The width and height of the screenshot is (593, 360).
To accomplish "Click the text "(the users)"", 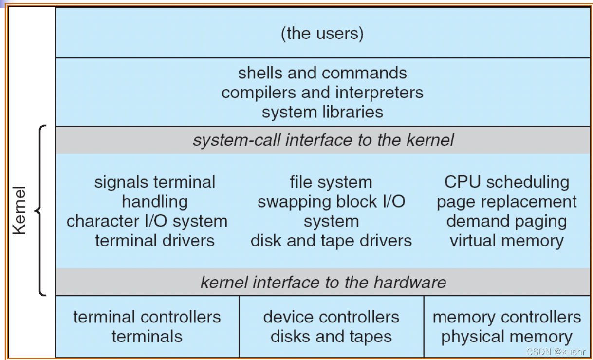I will [x=322, y=34].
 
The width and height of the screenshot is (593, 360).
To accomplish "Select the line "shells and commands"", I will [x=322, y=73].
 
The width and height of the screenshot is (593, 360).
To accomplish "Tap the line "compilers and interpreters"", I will [x=322, y=93].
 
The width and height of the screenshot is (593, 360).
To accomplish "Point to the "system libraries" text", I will [x=322, y=112].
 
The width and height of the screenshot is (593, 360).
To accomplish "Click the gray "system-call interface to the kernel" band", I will [x=322, y=140].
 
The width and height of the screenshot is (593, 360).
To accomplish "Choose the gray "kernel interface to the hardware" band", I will [x=322, y=283].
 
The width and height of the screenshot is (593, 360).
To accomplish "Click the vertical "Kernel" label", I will [x=19, y=210].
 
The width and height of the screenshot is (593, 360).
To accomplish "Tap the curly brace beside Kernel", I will [x=40, y=210].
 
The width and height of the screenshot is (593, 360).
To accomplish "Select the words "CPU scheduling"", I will [x=506, y=182].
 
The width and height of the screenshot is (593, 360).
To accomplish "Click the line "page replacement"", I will [x=506, y=202].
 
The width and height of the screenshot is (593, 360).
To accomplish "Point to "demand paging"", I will [x=506, y=221].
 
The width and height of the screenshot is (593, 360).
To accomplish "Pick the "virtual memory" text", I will [x=506, y=241].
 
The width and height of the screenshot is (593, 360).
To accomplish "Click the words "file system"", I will [x=331, y=182].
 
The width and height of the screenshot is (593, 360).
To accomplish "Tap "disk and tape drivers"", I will [x=331, y=241].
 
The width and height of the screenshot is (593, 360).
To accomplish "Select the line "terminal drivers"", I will [x=154, y=241].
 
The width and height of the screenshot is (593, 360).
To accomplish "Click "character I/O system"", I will [x=147, y=221].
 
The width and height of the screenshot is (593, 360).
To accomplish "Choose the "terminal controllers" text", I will [x=147, y=317].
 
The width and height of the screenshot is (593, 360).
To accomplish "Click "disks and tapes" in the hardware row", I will [x=331, y=337].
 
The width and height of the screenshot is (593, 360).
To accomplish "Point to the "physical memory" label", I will [x=506, y=337].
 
